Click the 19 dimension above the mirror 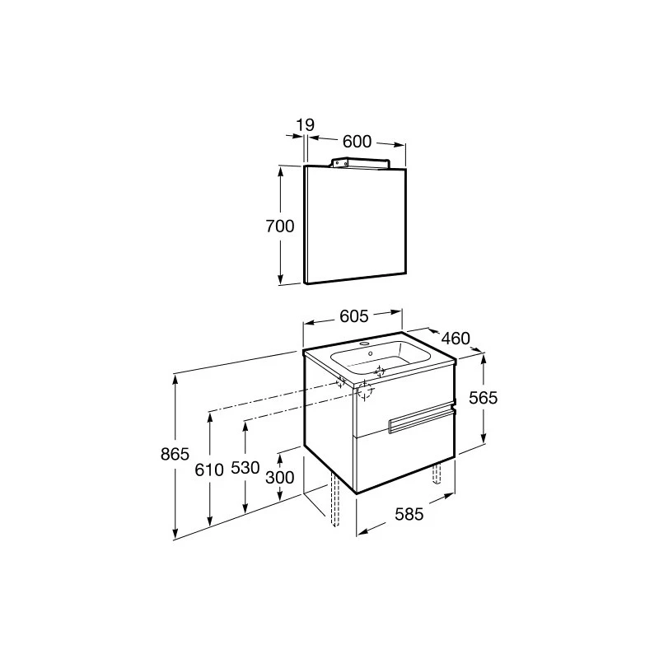pyautogui.click(x=306, y=125)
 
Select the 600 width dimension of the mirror pyautogui.click(x=358, y=142)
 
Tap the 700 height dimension pyautogui.click(x=280, y=226)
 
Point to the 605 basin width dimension pyautogui.click(x=354, y=316)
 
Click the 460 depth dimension pyautogui.click(x=456, y=339)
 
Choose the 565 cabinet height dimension pyautogui.click(x=484, y=398)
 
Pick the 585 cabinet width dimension pyautogui.click(x=409, y=513)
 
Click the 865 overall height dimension pyautogui.click(x=175, y=454)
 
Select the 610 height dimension pyautogui.click(x=209, y=470)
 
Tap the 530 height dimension pyautogui.click(x=245, y=467)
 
